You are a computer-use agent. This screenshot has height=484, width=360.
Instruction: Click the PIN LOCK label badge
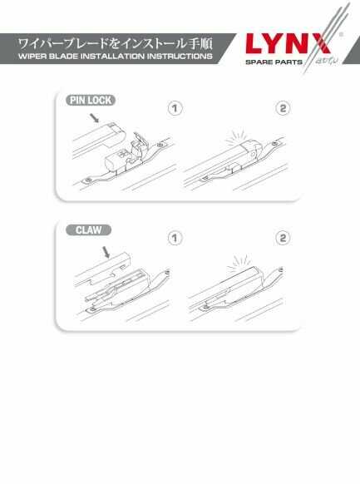tap(91, 101)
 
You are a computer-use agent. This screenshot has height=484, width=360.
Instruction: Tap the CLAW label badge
tap(88, 230)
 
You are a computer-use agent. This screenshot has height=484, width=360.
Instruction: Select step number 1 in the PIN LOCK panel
tap(175, 109)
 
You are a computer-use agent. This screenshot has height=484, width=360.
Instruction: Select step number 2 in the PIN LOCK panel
tap(283, 109)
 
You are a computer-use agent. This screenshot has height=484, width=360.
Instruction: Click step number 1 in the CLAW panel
tap(175, 239)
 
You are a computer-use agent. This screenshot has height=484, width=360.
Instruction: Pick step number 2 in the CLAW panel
tap(283, 239)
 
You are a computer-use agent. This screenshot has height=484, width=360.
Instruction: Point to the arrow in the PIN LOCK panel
tap(95, 117)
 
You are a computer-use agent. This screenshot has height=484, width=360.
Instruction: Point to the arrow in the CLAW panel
tap(106, 252)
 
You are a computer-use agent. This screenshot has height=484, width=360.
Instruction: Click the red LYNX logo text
tap(288, 44)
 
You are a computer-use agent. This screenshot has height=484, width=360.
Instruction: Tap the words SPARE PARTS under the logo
tap(274, 62)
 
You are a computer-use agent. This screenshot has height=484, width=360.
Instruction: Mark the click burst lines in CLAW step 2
tap(238, 264)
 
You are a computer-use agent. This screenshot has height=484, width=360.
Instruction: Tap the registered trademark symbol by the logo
tap(341, 35)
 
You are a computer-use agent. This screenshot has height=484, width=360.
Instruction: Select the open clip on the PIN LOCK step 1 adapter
tap(137, 146)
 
